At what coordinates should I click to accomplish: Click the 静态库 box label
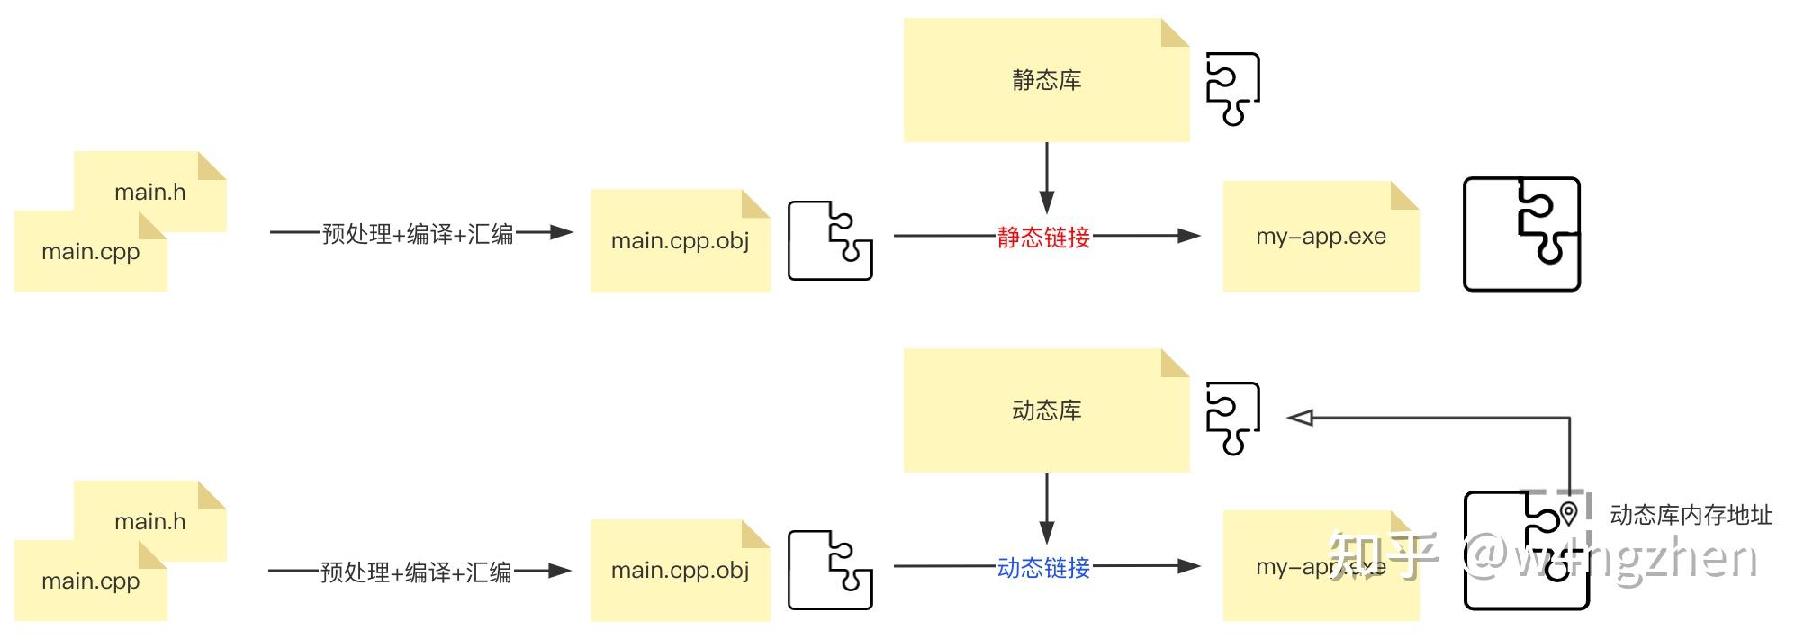point(1046,81)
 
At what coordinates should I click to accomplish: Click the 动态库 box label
point(1046,411)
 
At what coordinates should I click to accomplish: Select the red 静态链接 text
point(1043,238)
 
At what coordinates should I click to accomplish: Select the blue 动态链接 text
point(1043,568)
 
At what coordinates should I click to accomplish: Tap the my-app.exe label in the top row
point(1321,237)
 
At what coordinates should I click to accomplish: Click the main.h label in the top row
point(149,193)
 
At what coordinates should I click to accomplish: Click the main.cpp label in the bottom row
point(90,581)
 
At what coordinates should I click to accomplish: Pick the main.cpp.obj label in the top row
point(680,241)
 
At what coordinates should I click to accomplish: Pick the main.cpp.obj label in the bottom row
point(680,571)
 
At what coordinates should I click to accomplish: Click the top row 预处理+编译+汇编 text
point(418,234)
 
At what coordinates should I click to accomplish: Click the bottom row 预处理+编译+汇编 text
point(416,572)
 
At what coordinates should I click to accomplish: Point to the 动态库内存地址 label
point(1691,515)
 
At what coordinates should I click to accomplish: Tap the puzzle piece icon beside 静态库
point(1232,88)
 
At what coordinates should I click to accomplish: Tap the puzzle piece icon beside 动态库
point(1232,418)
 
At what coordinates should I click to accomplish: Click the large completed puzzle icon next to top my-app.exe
point(1521,234)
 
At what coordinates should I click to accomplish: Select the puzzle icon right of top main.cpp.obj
point(830,241)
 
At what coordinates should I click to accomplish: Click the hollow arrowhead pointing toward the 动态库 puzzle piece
point(1300,418)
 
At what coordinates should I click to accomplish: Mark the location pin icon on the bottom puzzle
point(1569,513)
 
